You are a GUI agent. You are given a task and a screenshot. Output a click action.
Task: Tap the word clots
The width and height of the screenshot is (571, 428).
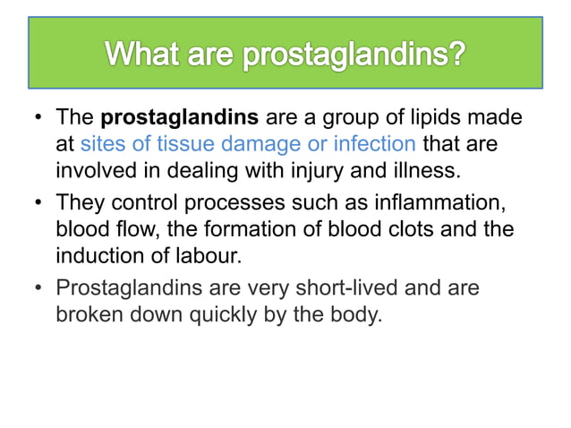point(407,228)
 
